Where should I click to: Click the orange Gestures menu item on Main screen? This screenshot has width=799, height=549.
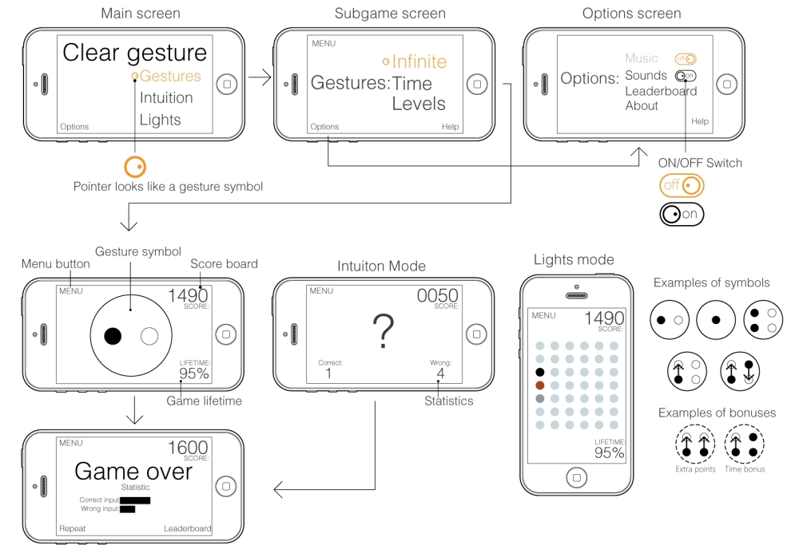click(x=169, y=77)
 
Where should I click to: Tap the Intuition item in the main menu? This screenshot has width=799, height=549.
click(x=166, y=98)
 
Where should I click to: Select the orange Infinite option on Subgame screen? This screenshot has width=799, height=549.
click(x=419, y=61)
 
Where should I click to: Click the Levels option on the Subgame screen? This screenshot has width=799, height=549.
click(x=418, y=104)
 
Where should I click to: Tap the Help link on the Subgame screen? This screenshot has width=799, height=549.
click(x=450, y=127)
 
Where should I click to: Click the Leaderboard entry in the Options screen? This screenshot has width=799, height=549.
click(x=661, y=91)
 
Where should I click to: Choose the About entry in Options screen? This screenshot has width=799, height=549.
click(x=642, y=105)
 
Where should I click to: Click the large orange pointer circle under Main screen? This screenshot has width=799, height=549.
click(x=135, y=166)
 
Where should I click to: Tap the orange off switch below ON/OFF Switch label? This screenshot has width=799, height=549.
click(x=682, y=186)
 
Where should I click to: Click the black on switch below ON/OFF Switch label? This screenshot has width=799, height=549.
click(x=682, y=213)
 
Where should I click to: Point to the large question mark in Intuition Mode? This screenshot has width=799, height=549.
click(x=383, y=331)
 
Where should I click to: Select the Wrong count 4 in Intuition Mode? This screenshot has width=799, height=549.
click(x=440, y=373)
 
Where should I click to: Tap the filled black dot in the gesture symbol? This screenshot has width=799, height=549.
click(x=113, y=336)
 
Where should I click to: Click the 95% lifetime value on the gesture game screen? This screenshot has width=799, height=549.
click(x=193, y=373)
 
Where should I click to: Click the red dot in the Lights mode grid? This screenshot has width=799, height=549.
click(x=540, y=385)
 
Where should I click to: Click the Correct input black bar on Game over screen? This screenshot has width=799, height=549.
click(x=135, y=500)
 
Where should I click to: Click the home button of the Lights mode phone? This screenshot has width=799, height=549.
click(x=575, y=478)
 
